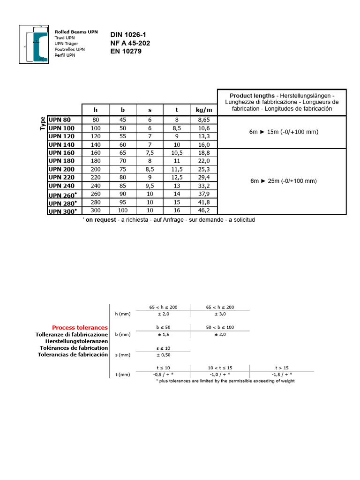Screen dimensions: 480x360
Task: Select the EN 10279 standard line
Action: coord(126,51)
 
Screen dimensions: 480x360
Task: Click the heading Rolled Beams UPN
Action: coord(76,32)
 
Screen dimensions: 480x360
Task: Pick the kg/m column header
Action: coord(204,110)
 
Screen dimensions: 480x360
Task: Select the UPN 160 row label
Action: coord(62,153)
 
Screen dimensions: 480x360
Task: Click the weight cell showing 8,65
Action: coord(204,120)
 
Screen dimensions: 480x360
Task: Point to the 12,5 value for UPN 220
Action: coord(177,177)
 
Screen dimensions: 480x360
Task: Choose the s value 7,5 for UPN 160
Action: coord(150,153)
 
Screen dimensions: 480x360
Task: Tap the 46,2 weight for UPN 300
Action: coord(204,210)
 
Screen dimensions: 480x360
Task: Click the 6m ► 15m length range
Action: coord(284,132)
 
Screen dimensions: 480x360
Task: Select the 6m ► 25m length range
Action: coord(284,181)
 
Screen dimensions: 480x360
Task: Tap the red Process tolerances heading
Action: coord(80,328)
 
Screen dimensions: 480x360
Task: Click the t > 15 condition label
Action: coord(282,368)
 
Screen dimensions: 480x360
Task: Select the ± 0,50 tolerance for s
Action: coord(163,355)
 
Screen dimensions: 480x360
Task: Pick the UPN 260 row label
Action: coord(62,195)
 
